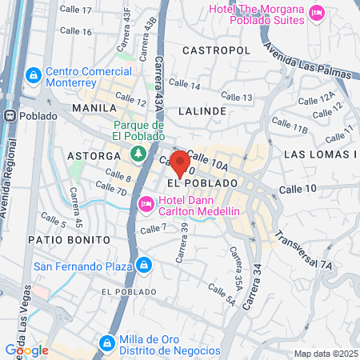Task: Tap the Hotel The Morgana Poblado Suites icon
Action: pos(317,12)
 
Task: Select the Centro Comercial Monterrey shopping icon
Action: pos(33,76)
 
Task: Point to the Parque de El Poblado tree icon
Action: pos(138,152)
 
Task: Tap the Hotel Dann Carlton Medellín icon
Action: pos(146,205)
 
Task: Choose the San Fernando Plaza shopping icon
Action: pos(143,264)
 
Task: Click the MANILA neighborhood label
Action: pos(89,107)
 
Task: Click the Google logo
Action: pos(26,350)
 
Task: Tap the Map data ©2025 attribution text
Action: pos(324,354)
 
